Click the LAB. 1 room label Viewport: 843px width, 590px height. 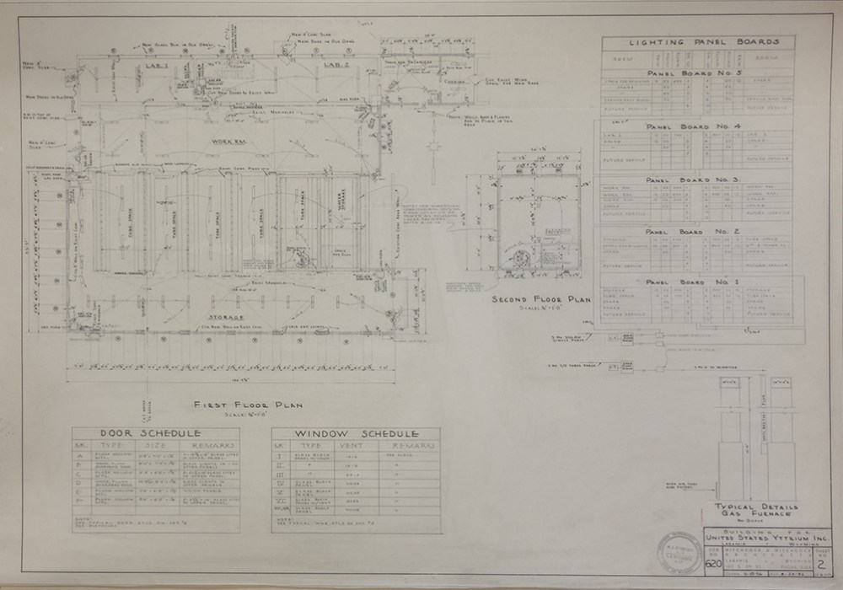(x=158, y=66)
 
